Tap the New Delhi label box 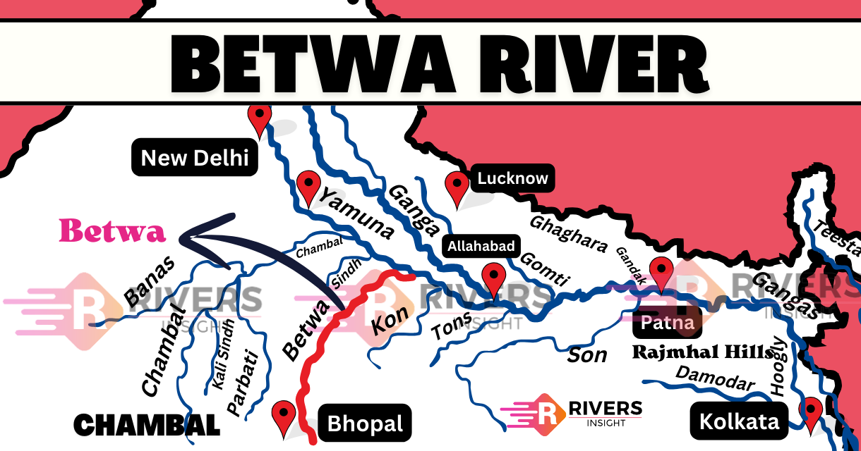(x=195, y=158)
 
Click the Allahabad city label (x=481, y=247)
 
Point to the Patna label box (x=668, y=323)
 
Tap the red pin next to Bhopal (x=284, y=415)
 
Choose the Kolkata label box (x=739, y=421)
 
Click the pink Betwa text (x=112, y=231)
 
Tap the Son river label (x=587, y=355)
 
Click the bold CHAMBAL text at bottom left (x=147, y=425)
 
